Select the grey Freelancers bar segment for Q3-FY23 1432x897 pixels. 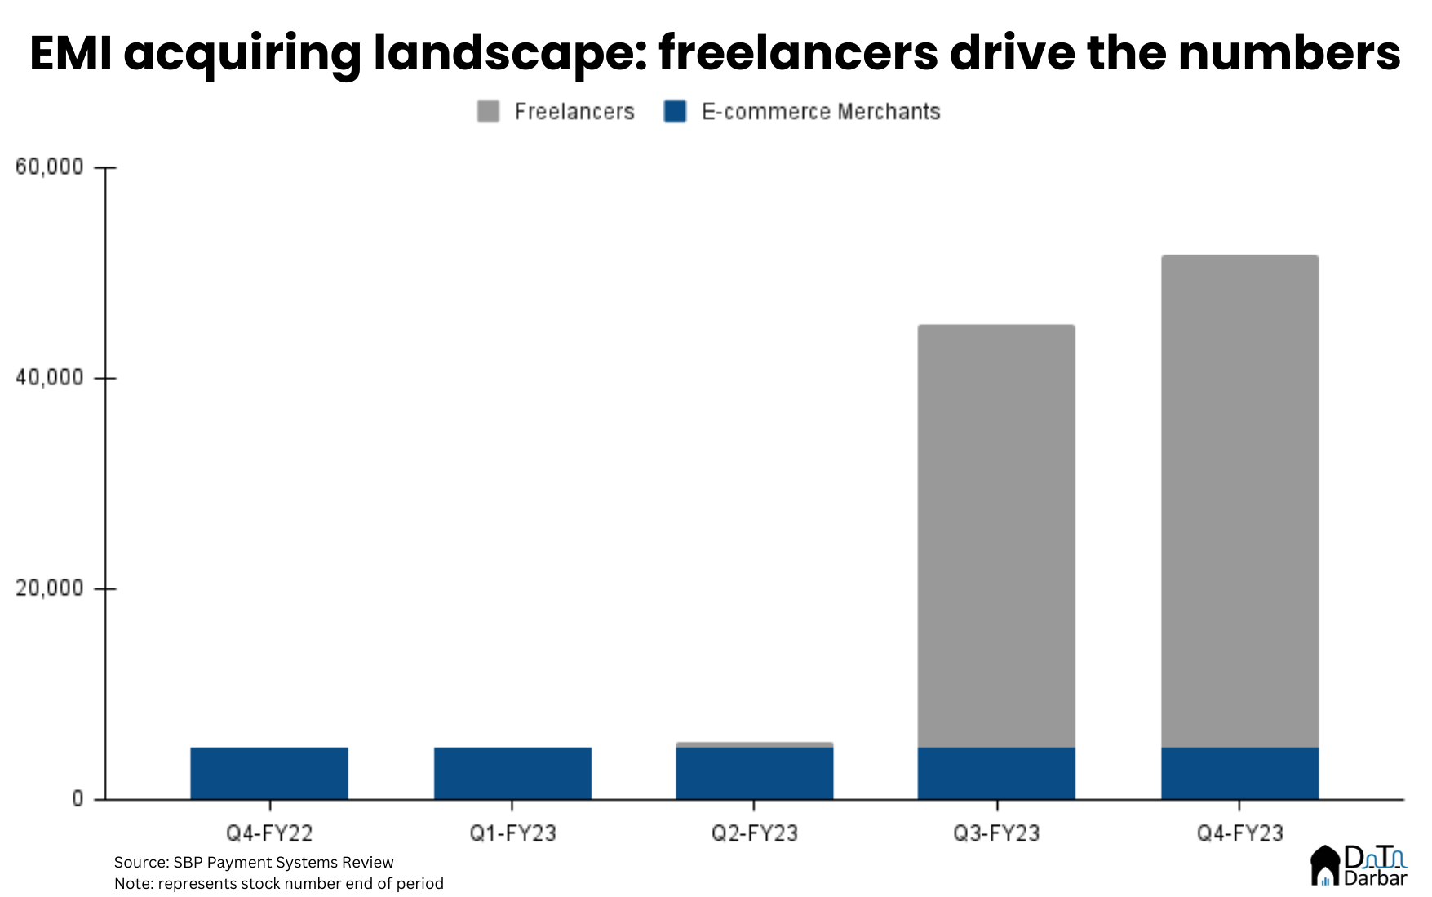(x=996, y=535)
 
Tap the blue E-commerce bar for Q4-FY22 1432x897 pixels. (x=269, y=773)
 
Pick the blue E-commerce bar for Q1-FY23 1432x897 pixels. (x=512, y=773)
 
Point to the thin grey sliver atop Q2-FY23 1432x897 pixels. (x=755, y=744)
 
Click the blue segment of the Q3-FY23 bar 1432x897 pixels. (x=996, y=773)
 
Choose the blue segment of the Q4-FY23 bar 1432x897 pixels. (x=1239, y=773)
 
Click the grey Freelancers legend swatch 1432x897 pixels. (x=488, y=112)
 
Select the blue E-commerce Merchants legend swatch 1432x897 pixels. (x=675, y=112)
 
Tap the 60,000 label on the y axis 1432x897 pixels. (x=50, y=167)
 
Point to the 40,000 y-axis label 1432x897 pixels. (x=50, y=377)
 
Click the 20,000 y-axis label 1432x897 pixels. (x=50, y=588)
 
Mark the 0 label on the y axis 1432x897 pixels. (x=78, y=798)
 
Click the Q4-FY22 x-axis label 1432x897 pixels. (x=269, y=833)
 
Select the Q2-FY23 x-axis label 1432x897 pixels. (x=755, y=833)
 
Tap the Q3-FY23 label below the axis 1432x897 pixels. (x=996, y=833)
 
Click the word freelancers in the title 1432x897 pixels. (x=798, y=54)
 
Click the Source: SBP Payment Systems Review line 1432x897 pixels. (x=254, y=862)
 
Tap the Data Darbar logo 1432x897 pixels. (x=1359, y=866)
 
